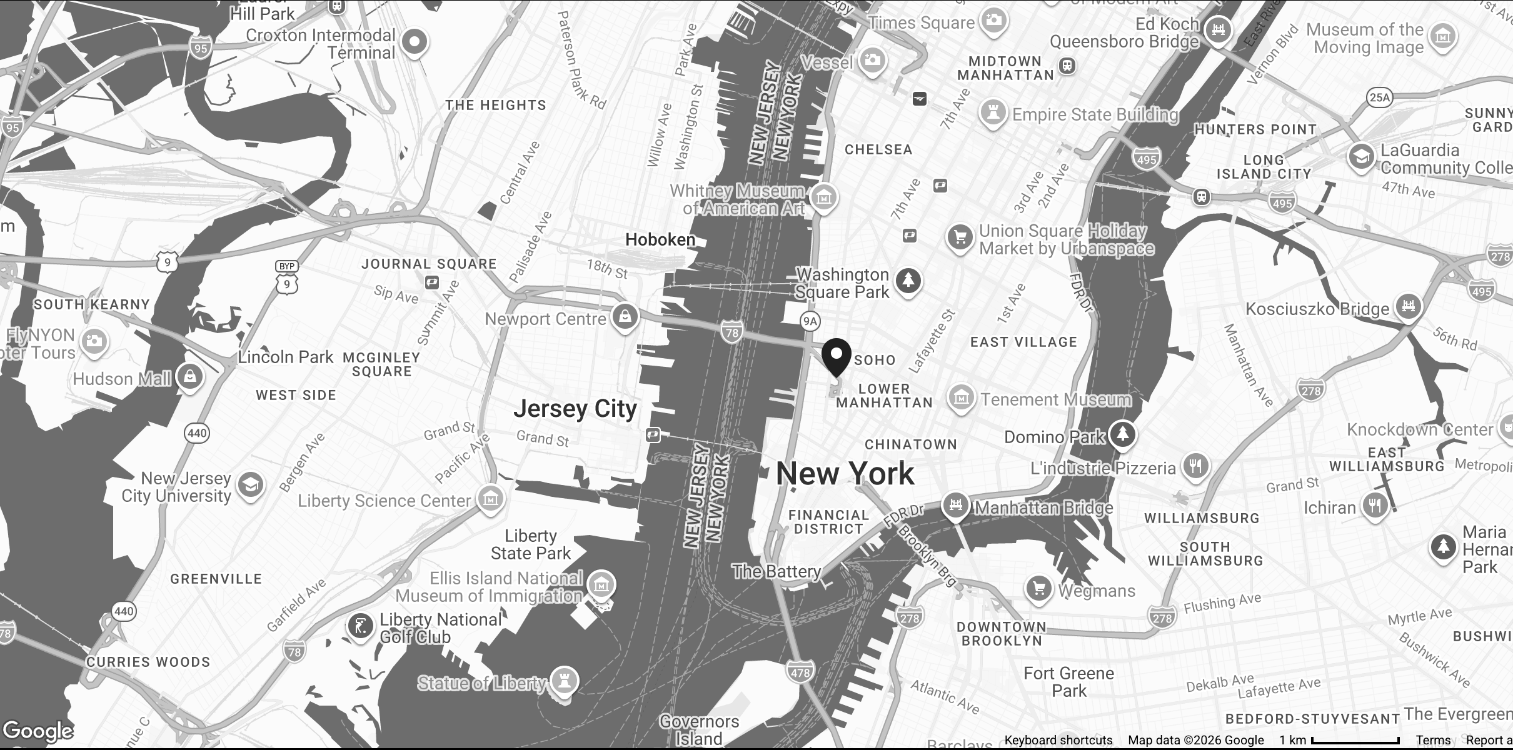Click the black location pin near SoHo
[836, 356]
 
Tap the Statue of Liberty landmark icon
[565, 681]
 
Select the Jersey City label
[575, 409]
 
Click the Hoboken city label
[660, 239]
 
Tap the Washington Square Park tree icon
[908, 280]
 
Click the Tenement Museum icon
[961, 397]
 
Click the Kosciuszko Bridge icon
[1408, 306]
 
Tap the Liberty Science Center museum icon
[490, 499]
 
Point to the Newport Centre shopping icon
[625, 316]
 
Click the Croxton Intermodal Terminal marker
[413, 42]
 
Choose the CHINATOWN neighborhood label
[910, 444]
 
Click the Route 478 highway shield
[800, 672]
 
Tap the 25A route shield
[1379, 97]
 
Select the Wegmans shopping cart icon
[1038, 588]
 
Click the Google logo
[38, 731]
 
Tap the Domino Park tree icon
[1123, 434]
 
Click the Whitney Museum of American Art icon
[824, 197]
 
